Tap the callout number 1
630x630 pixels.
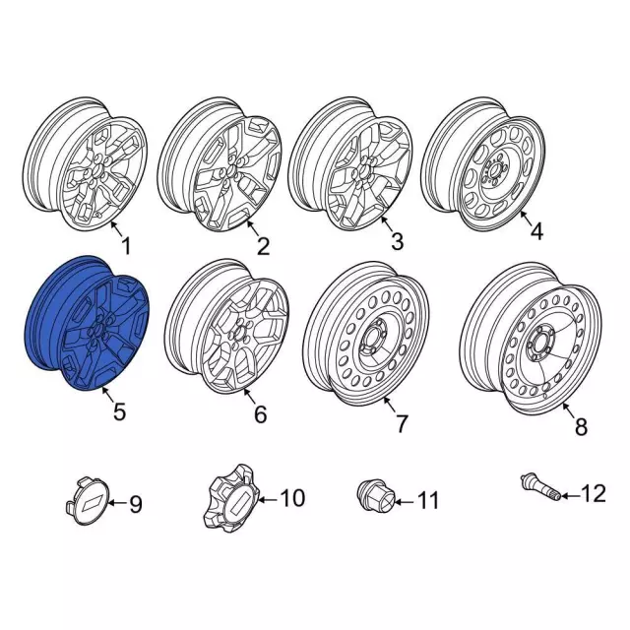(125, 244)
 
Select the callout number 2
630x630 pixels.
(262, 247)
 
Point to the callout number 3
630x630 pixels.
(397, 241)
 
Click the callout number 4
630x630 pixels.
(536, 232)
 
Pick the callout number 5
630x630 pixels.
(119, 412)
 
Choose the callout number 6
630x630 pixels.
(260, 415)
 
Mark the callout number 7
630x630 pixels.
(401, 424)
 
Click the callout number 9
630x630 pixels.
(136, 505)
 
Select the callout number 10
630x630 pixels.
(293, 498)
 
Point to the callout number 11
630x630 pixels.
(426, 502)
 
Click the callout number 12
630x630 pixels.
(594, 493)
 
